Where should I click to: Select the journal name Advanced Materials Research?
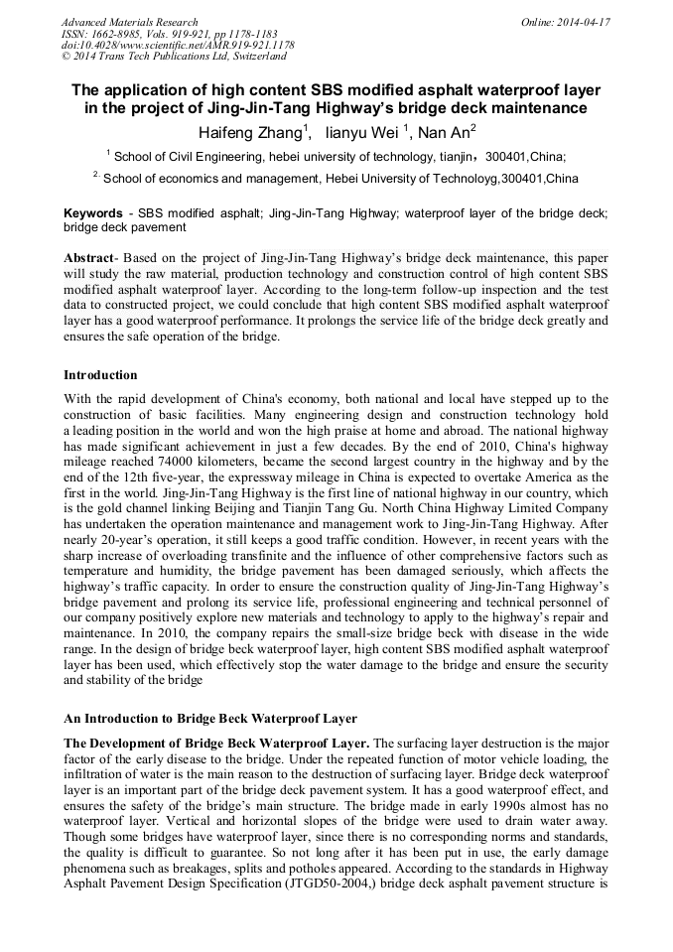pyautogui.click(x=129, y=22)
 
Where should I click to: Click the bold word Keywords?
pyautogui.click(x=93, y=213)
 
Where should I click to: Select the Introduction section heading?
pyautogui.click(x=100, y=375)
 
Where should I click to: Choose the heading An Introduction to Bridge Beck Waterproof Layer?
pyautogui.click(x=210, y=718)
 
